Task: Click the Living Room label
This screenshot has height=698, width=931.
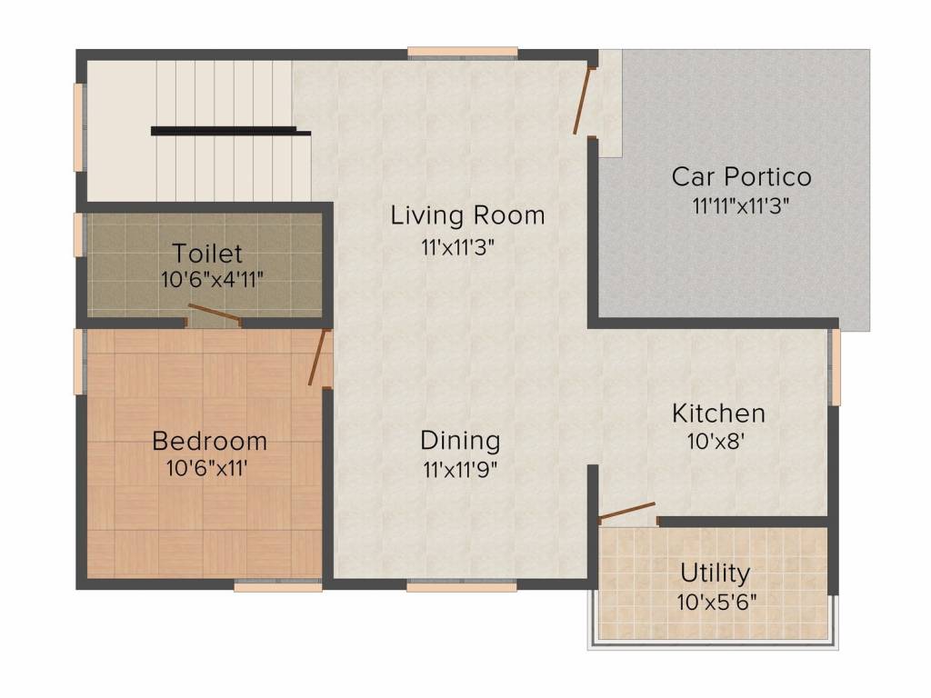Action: click(x=468, y=214)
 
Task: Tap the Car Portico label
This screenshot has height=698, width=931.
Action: click(x=742, y=176)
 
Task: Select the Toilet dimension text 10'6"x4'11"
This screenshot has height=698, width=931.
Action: click(x=212, y=279)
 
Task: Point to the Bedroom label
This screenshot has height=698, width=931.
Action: click(x=210, y=441)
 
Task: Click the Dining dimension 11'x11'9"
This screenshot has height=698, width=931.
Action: click(x=460, y=470)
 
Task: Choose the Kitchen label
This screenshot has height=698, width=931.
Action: click(x=718, y=414)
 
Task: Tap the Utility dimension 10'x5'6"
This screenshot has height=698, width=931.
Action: click(x=717, y=603)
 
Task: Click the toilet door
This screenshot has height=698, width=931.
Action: click(x=215, y=314)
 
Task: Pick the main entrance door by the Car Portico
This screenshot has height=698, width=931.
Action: click(x=583, y=101)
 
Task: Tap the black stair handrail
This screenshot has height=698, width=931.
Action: click(x=231, y=131)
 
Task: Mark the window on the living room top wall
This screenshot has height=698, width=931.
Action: click(x=463, y=53)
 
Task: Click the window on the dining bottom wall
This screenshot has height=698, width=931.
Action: click(x=461, y=586)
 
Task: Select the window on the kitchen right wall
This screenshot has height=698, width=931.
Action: click(x=835, y=367)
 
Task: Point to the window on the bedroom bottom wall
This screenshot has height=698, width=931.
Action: click(x=278, y=586)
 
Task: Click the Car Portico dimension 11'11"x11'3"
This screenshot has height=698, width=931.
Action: click(x=740, y=206)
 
